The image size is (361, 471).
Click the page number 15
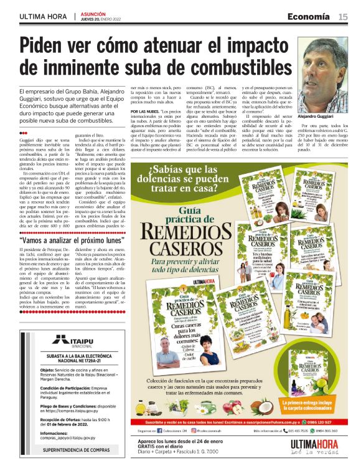click(343, 17)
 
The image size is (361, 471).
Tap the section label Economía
click(311, 17)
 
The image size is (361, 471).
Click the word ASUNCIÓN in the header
click(94, 13)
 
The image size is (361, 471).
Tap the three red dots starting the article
click(24, 133)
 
